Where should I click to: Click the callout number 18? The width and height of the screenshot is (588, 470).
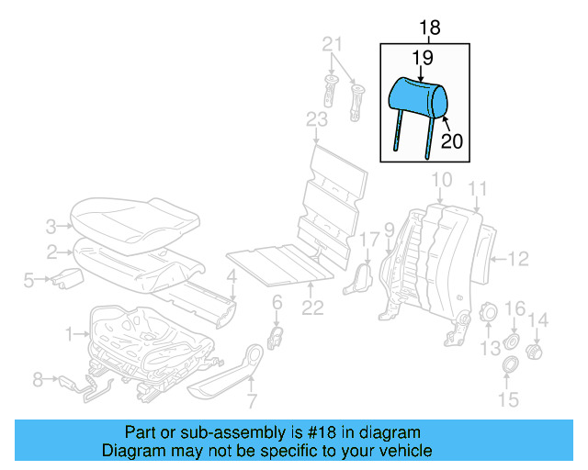[429, 28]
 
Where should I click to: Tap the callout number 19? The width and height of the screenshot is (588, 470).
[422, 58]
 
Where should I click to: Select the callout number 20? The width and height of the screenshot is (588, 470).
[451, 140]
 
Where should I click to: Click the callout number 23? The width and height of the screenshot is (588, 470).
[316, 120]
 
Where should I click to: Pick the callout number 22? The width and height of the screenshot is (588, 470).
[313, 308]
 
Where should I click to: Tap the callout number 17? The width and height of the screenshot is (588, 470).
[368, 241]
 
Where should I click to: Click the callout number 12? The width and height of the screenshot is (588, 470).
[518, 258]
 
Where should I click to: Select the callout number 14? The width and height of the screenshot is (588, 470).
[539, 319]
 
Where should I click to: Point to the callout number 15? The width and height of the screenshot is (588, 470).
[508, 399]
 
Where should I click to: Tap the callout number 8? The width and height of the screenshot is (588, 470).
[38, 377]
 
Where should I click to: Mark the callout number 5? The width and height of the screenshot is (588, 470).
[28, 280]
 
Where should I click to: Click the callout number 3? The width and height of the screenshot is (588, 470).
[51, 224]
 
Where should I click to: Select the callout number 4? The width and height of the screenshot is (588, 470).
[232, 274]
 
